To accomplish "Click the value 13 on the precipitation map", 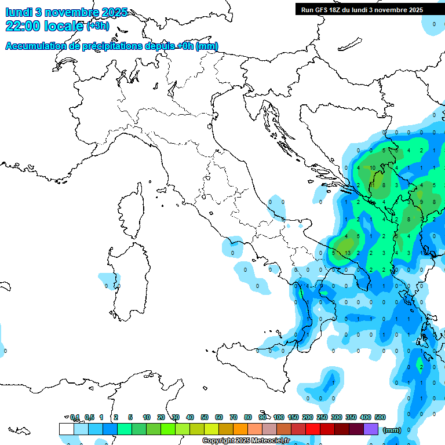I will click(x=347, y=253).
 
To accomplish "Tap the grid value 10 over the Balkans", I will click(x=373, y=168).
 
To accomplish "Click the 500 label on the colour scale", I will click(x=380, y=417).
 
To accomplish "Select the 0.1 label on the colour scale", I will click(x=75, y=417).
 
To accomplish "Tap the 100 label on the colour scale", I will click(x=279, y=417).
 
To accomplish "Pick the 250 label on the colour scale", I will click(x=322, y=417).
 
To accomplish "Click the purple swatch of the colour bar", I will click(x=371, y=429).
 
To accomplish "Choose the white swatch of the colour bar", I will click(x=67, y=429).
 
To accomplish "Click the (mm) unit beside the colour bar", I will click(x=392, y=430).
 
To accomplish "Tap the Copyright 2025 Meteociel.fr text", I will click(x=246, y=440).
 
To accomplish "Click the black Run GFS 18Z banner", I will click(x=361, y=9).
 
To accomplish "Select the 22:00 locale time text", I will click(x=44, y=25).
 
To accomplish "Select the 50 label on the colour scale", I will click(x=205, y=417).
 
